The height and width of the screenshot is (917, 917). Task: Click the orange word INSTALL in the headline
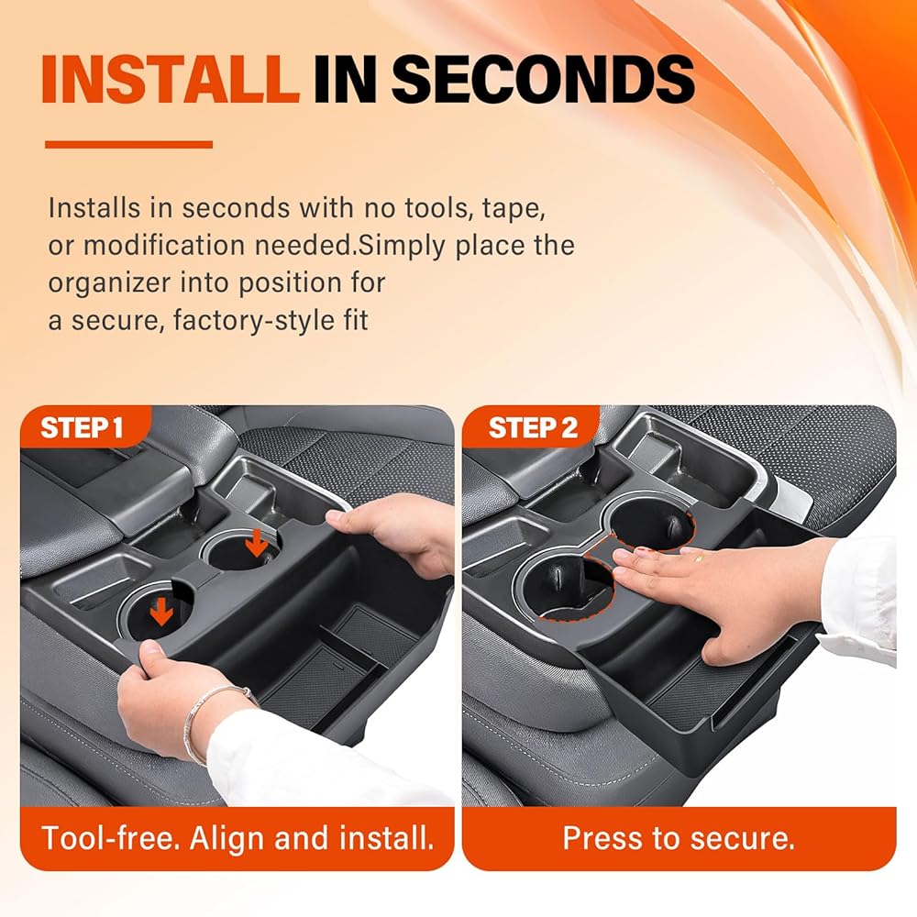[170, 80]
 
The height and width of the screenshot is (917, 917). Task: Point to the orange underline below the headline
[128, 145]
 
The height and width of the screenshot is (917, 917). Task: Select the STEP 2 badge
[532, 427]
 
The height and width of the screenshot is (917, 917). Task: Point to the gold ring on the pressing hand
[700, 558]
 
